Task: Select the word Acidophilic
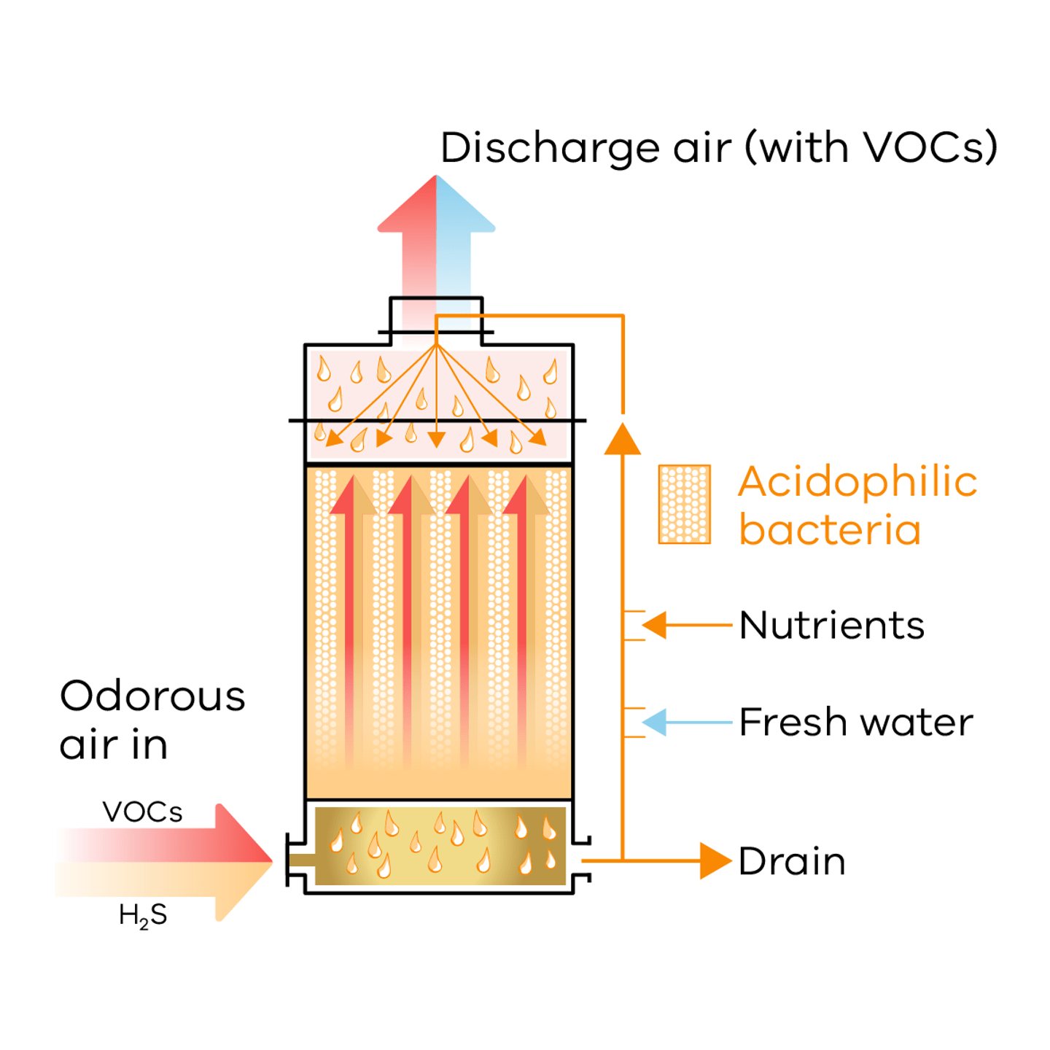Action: point(857,483)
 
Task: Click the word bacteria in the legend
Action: point(830,530)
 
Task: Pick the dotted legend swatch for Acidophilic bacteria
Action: point(684,504)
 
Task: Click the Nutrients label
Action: point(831,626)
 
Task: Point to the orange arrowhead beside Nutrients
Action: point(655,625)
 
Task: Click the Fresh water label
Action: point(856,723)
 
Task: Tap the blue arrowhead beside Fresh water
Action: point(655,723)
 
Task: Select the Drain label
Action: point(792,861)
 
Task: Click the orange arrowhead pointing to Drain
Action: point(714,861)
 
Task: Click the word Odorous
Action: point(152,696)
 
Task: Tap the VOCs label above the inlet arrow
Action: point(142,812)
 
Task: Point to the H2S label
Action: point(143,915)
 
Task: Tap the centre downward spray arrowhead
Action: point(436,439)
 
